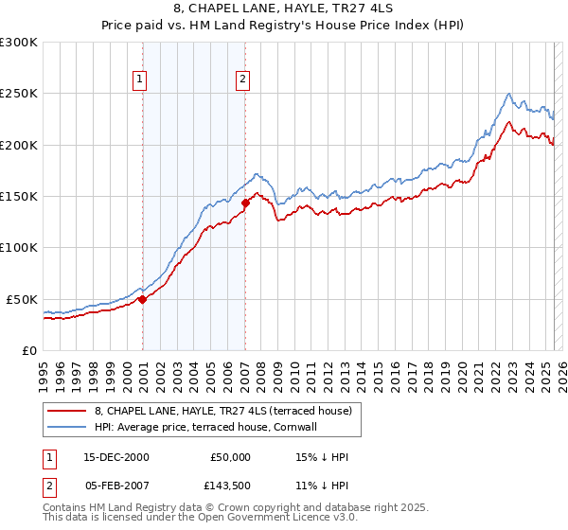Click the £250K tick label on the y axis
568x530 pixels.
19,94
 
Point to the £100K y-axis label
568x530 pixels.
19,247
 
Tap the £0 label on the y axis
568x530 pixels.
28,350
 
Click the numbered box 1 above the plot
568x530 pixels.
139,79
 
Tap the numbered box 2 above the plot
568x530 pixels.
243,79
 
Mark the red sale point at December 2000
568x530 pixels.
143,299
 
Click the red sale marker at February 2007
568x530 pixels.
245,203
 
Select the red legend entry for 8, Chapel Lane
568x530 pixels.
222,411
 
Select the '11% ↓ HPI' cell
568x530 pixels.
321,487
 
